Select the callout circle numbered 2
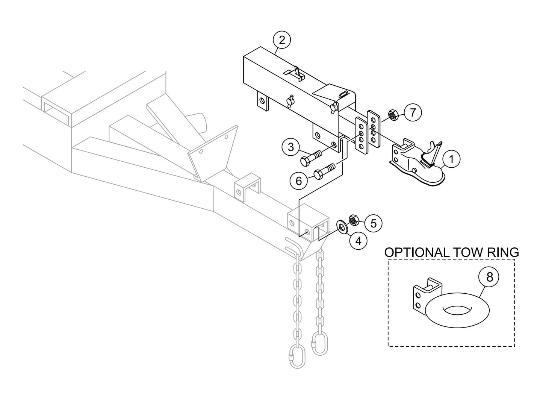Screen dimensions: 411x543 point(282,40)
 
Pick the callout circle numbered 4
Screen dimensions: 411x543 point(358,240)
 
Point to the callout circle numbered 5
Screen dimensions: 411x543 point(373,223)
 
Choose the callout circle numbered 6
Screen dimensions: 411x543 point(299,181)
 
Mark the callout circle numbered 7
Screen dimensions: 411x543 point(413,112)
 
